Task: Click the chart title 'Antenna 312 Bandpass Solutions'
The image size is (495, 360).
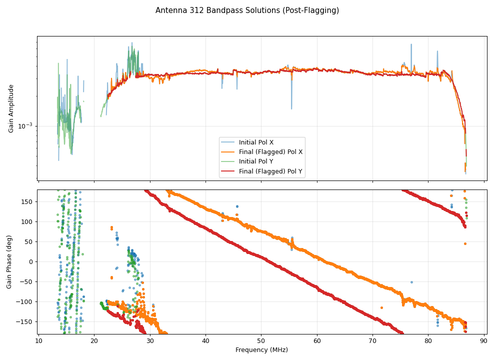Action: pos(247,10)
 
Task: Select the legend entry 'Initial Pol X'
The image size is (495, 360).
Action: pos(256,142)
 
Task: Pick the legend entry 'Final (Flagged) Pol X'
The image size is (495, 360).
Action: pos(270,152)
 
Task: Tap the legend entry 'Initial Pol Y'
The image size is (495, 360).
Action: pos(256,161)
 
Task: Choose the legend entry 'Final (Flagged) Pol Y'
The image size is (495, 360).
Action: pos(270,171)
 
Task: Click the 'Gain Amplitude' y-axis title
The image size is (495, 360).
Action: pos(11,108)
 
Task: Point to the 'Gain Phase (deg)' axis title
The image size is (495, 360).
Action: pos(9,261)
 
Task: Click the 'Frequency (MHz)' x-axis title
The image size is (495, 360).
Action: pos(261,350)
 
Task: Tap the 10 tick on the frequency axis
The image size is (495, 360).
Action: pos(38,341)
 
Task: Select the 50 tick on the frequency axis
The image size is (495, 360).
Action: pos(261,341)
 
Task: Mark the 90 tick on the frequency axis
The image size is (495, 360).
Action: pos(483,341)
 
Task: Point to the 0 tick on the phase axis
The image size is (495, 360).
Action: pos(31,261)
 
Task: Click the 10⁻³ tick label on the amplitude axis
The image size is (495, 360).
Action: pos(25,126)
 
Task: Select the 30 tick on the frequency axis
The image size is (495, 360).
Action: pos(149,341)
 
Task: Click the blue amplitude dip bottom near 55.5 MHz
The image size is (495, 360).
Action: pos(291,109)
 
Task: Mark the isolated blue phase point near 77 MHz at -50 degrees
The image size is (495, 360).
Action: pos(411,282)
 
